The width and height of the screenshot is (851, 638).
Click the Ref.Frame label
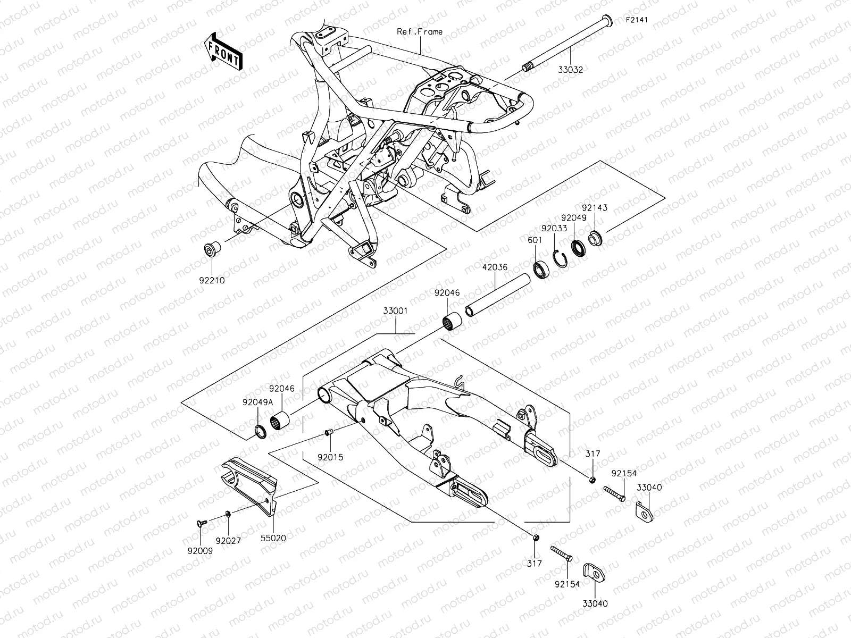pos(420,32)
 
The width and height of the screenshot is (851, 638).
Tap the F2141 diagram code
pos(637,21)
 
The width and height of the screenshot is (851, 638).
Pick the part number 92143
pos(594,208)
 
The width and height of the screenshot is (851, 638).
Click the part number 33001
pos(394,311)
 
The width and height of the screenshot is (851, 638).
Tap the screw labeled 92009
pos(202,524)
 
